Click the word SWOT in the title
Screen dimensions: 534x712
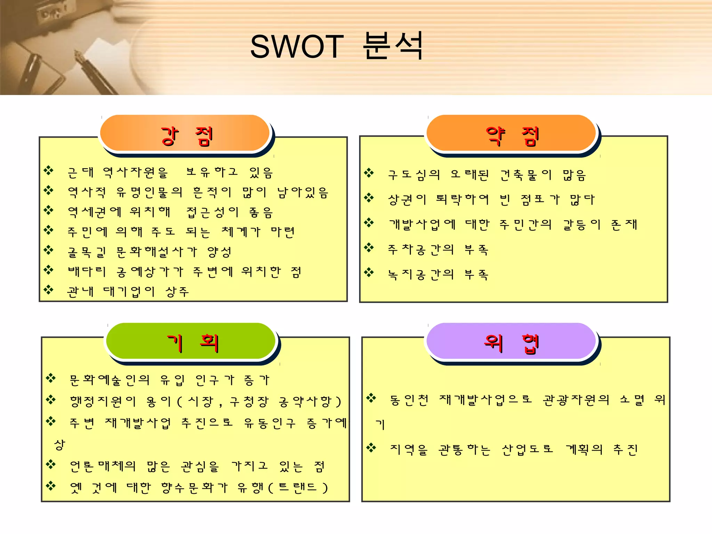297,47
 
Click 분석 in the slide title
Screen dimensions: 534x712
393,46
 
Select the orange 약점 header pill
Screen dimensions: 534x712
511,134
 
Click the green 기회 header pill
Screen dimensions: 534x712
191,342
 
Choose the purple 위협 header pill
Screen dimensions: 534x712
511,342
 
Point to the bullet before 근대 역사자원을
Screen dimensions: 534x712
49,170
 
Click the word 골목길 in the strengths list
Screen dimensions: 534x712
87,252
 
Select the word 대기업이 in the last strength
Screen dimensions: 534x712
129,292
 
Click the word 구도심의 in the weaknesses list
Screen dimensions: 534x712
414,175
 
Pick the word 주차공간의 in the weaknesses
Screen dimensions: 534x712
421,250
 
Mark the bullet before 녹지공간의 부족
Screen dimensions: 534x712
369,273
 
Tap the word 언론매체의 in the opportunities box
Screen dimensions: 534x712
103,466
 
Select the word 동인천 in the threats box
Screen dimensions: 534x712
409,400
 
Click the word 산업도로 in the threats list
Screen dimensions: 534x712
527,450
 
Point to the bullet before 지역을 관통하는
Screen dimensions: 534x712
371,447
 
